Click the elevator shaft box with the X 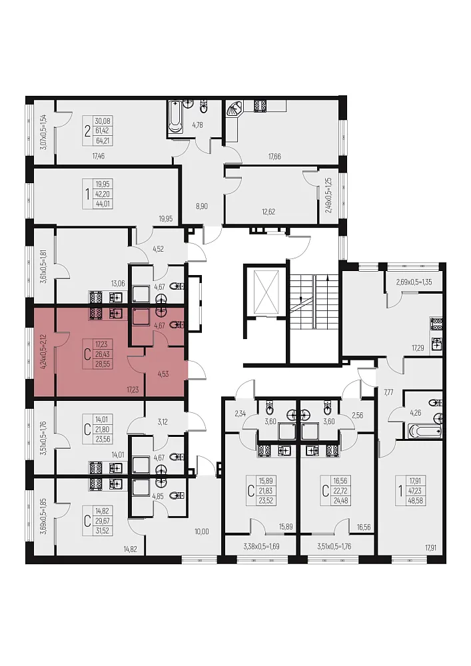pos(264,292)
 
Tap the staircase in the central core pos(314,301)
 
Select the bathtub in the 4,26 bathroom pos(424,431)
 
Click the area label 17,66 pos(274,157)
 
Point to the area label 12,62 pos(268,212)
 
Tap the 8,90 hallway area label pos(202,206)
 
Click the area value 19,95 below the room pos(166,218)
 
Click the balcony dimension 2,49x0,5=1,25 pos(328,195)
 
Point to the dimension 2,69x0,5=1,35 pos(414,282)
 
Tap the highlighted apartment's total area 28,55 pos(103,364)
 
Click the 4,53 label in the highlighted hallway pos(163,374)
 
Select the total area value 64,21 pos(103,140)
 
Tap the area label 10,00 pos(201,531)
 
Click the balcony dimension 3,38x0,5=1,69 pos(261,546)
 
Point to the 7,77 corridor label pos(388,392)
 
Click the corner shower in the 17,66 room pos(234,109)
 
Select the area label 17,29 pos(418,348)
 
